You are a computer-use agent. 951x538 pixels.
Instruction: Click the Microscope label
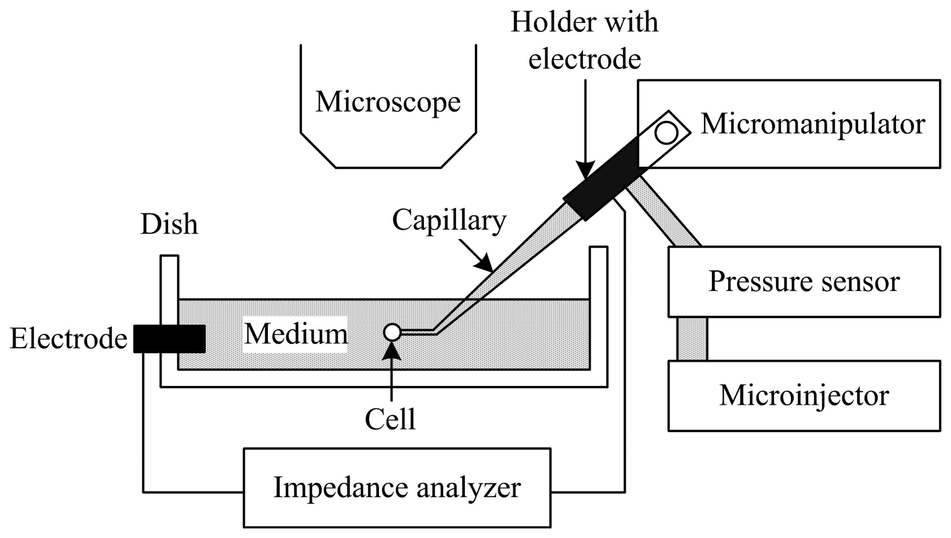[388, 102]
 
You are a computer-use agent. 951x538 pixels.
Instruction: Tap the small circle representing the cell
[392, 332]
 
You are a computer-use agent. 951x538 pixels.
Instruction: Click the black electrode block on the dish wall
[169, 338]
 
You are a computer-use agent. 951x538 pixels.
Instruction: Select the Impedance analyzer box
[397, 488]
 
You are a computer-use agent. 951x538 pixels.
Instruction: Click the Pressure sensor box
[804, 282]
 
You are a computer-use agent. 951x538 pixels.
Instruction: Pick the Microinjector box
[804, 396]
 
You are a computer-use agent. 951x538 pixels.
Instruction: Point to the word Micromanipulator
[813, 124]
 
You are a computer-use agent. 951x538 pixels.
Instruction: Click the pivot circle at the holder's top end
[666, 133]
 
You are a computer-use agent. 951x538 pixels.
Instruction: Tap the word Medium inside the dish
[295, 334]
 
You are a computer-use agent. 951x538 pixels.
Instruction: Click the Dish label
[169, 224]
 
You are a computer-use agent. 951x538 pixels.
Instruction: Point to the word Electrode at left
[68, 338]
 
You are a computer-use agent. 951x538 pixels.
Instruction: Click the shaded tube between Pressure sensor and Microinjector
[692, 339]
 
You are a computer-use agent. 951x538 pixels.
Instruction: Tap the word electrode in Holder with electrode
[585, 59]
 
